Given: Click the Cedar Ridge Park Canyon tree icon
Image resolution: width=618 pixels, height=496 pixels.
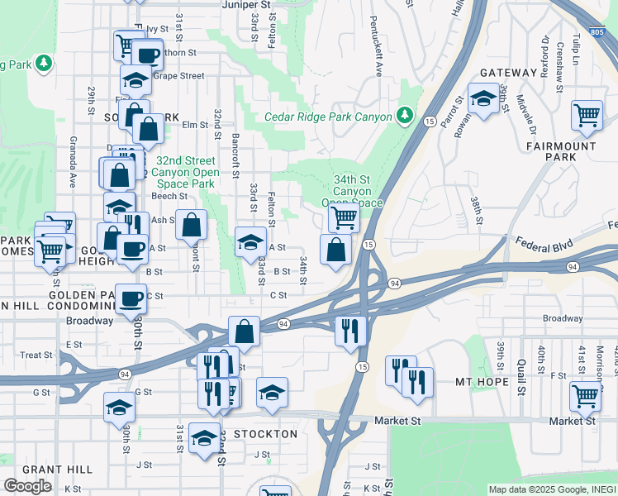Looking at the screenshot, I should coord(405,117).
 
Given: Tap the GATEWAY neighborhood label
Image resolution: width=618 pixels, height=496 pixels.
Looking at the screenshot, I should coord(508,73).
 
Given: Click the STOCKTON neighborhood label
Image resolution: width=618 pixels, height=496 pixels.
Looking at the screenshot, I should coord(265,434).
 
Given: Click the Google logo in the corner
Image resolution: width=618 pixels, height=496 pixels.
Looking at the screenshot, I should coord(26,486).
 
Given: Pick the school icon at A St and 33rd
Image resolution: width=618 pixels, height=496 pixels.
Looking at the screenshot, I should coord(250,241).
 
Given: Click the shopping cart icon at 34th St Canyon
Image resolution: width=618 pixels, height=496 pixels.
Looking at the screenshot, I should coord(343,217).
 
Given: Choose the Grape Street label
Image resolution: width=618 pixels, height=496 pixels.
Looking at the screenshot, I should coord(178,76).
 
